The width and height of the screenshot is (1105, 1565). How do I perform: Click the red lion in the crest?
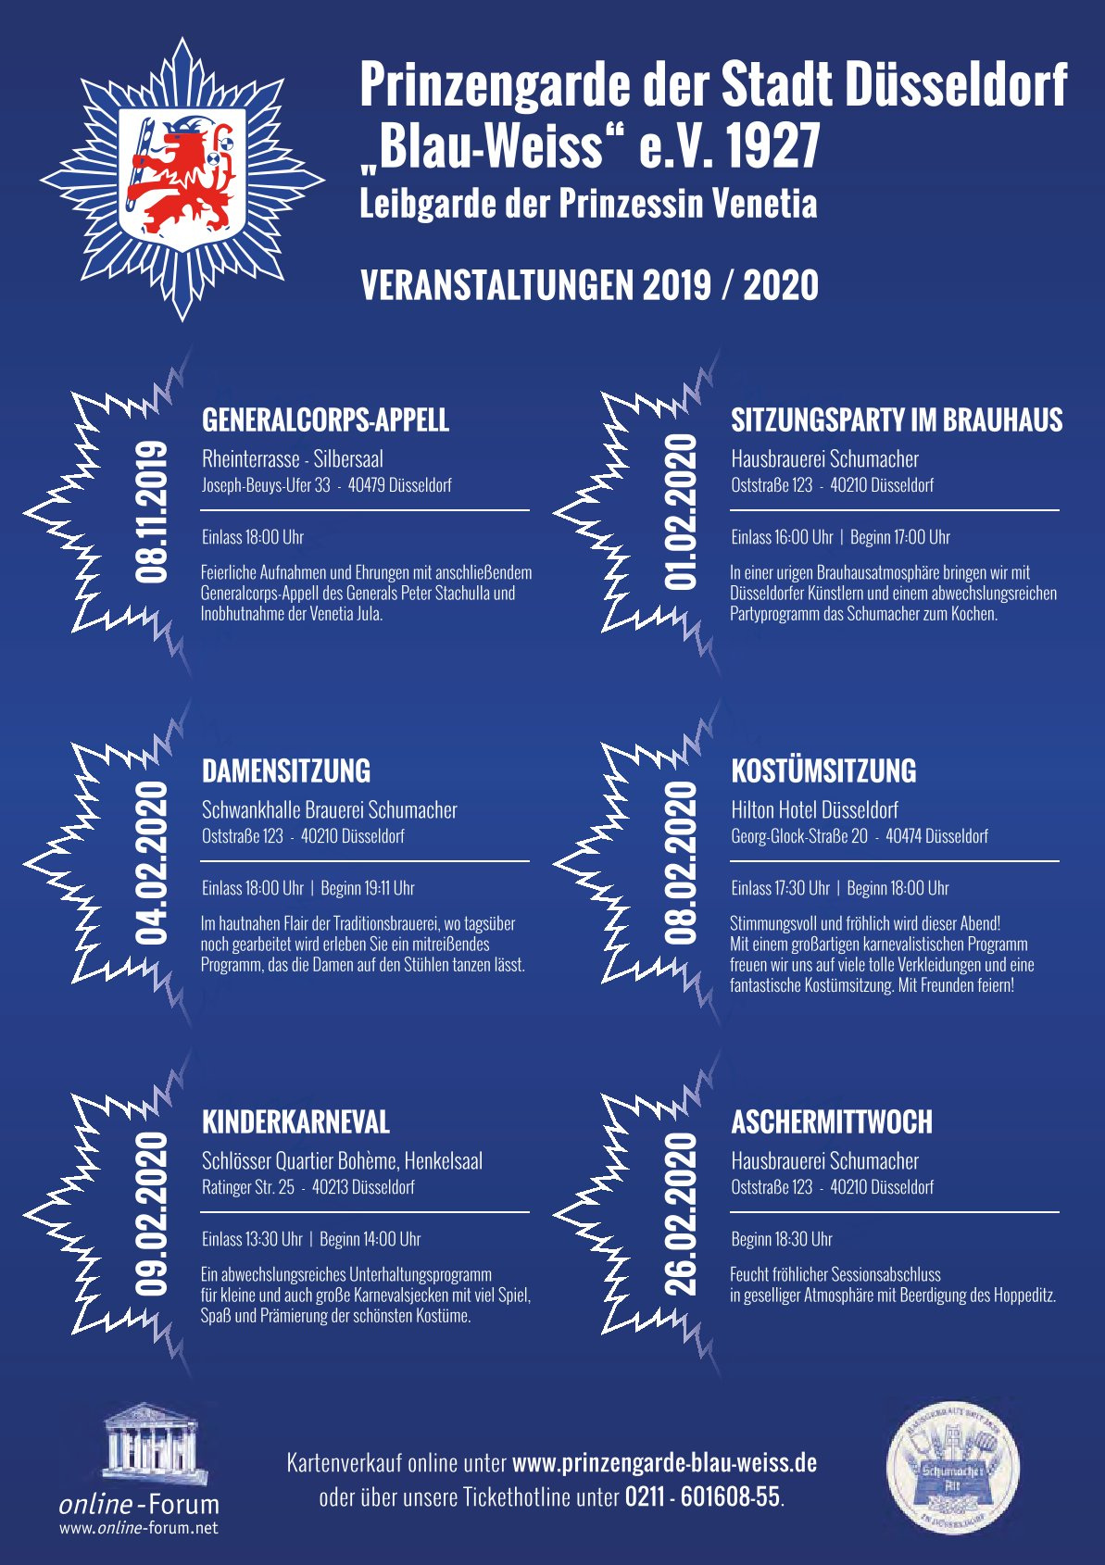(x=181, y=176)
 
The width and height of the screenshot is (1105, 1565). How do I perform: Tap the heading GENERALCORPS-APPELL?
(x=325, y=419)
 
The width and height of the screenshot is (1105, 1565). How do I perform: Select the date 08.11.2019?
(x=152, y=511)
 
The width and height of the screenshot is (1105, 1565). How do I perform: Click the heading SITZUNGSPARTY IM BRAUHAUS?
(x=897, y=419)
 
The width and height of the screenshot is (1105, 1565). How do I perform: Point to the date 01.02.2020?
(x=681, y=511)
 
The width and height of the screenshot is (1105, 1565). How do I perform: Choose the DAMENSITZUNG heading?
(x=286, y=770)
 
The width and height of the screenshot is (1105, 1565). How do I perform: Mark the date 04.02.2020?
(x=152, y=862)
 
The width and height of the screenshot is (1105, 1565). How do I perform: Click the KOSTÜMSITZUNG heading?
(x=823, y=770)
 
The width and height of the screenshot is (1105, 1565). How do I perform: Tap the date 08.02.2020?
(x=681, y=862)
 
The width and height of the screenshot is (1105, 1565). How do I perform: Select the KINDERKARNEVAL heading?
(x=295, y=1121)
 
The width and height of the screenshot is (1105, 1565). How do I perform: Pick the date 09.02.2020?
(x=152, y=1213)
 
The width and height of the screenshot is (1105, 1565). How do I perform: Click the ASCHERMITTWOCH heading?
(x=832, y=1121)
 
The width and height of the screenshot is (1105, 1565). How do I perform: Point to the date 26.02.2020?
(x=681, y=1213)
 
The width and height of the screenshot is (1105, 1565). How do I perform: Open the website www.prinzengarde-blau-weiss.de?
(x=664, y=1463)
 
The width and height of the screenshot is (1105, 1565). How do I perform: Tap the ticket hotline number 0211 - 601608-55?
(x=702, y=1496)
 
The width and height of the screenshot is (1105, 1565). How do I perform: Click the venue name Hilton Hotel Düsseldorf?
(x=814, y=810)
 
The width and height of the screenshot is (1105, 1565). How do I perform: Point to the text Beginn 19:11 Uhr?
(x=367, y=888)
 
